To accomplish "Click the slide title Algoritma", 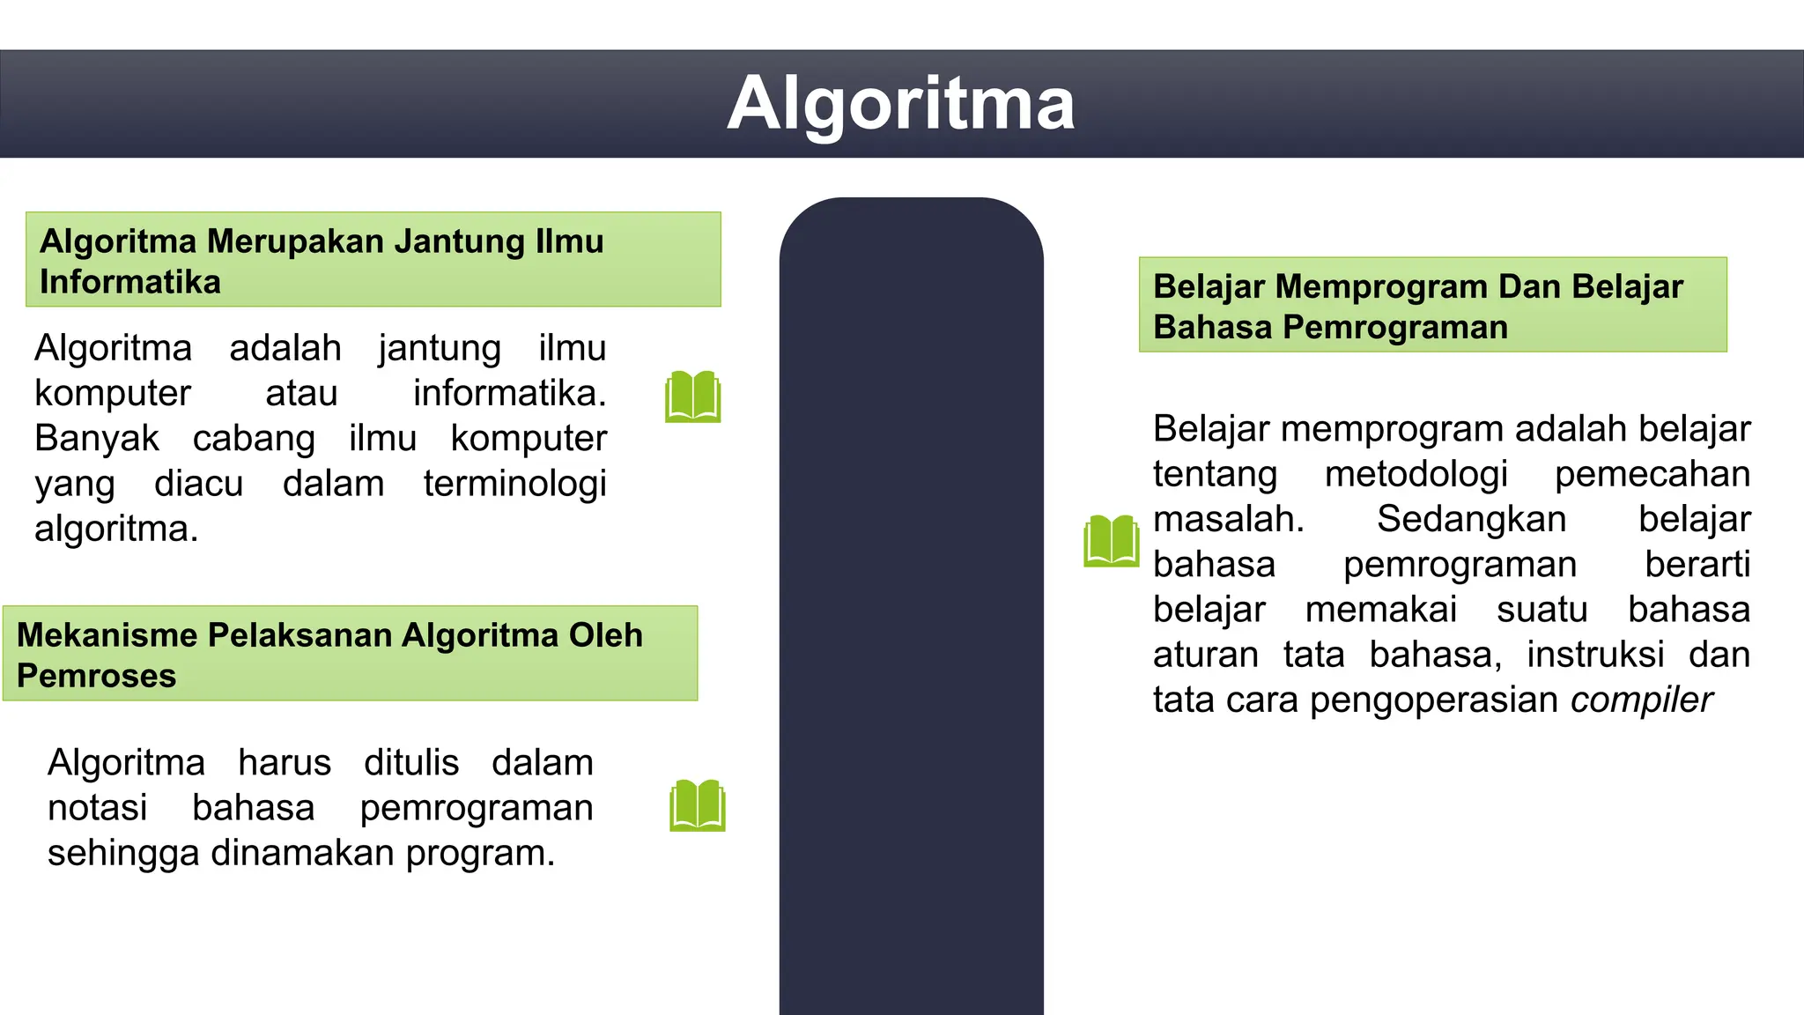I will point(901,105).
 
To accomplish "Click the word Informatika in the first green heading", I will point(130,282).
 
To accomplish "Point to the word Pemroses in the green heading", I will point(97,676).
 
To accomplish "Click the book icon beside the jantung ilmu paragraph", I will point(693,396).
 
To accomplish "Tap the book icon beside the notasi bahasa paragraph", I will point(698,805).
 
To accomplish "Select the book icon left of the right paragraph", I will point(1112,540).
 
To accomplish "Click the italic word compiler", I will point(1641,700).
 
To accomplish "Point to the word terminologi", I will point(514,484).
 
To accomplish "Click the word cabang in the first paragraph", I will point(254,439).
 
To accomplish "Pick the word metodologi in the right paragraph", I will point(1416,475).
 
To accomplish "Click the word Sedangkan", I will point(1471,520).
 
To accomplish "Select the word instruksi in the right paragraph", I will point(1595,656).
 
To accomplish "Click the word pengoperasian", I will point(1435,700).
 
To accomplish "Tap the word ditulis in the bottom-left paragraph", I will point(411,763).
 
